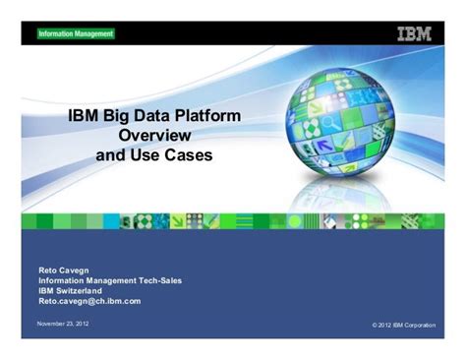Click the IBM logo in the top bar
(x=415, y=33)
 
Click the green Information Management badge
(x=76, y=33)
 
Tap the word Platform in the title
(x=206, y=116)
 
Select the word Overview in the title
(x=153, y=136)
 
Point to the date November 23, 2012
(x=63, y=324)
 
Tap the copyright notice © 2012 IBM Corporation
(x=404, y=325)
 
